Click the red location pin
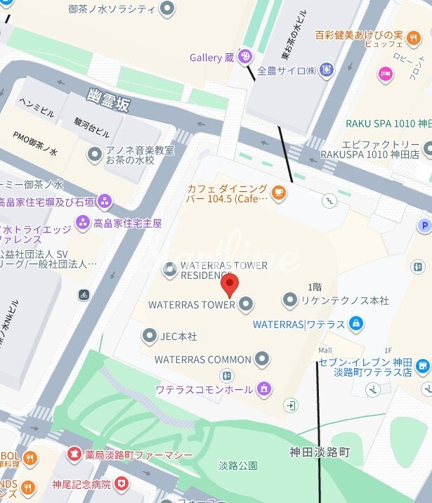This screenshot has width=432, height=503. (x=230, y=285)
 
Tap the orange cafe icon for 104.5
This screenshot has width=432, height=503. (x=279, y=192)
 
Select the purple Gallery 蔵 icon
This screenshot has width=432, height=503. (x=245, y=57)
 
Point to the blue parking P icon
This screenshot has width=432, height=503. (x=424, y=226)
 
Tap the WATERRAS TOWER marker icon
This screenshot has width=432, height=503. (x=246, y=304)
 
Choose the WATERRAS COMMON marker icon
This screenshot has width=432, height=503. (x=262, y=359)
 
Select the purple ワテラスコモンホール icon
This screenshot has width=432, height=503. (x=263, y=388)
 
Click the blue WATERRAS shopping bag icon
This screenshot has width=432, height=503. (x=356, y=324)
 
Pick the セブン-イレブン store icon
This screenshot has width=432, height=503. (x=422, y=365)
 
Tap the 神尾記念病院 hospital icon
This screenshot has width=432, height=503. (x=122, y=483)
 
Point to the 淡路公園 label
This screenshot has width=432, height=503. (x=237, y=465)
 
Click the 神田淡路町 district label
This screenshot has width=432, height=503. (x=320, y=452)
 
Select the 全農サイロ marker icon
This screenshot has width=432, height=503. (x=326, y=70)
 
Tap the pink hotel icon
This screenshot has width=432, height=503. (x=385, y=73)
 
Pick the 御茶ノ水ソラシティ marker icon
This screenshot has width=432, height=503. (x=167, y=8)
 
